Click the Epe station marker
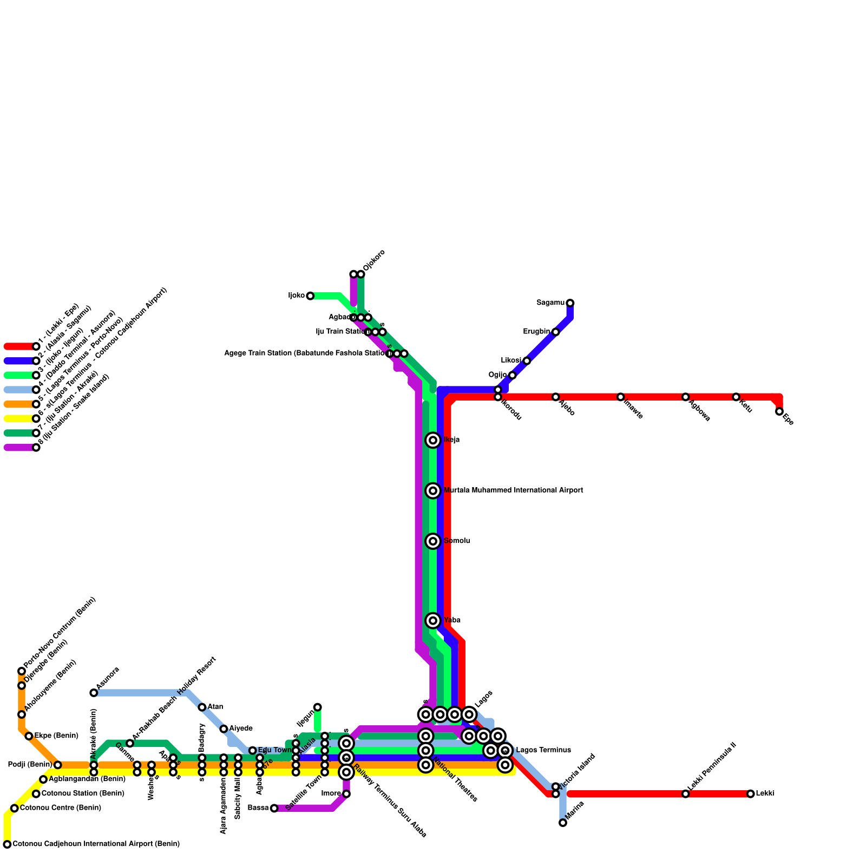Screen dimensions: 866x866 point(779,411)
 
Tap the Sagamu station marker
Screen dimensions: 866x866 point(570,303)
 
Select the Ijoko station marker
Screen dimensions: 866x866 point(310,296)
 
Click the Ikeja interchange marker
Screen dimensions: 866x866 point(432,440)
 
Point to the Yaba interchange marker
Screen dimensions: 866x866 point(432,620)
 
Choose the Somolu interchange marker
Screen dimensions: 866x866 point(432,541)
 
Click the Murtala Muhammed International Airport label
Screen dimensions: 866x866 point(513,490)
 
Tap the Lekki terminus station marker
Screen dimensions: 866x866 point(750,794)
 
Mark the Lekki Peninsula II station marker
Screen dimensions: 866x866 point(685,794)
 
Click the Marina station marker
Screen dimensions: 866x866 point(563,823)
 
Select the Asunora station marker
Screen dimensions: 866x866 point(94,693)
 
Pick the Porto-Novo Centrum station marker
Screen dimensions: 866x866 point(22,671)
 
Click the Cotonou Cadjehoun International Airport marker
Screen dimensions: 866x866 point(7,844)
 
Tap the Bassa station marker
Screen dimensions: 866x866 point(274,808)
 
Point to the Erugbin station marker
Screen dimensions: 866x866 point(555,332)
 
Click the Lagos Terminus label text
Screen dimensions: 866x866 point(543,750)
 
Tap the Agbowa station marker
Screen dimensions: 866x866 point(685,397)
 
